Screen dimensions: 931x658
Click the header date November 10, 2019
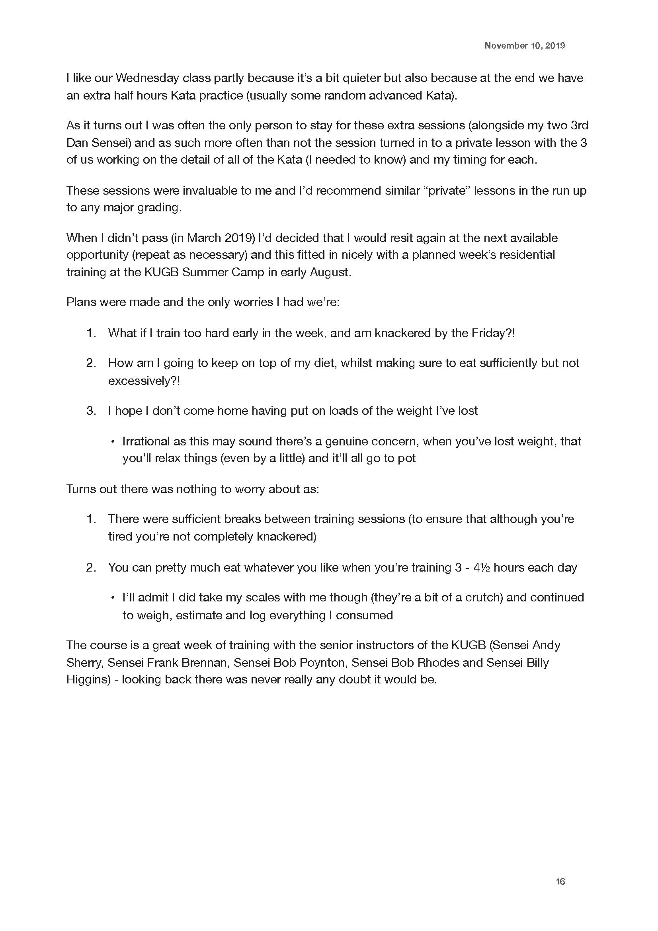524,46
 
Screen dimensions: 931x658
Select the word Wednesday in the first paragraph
147,78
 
